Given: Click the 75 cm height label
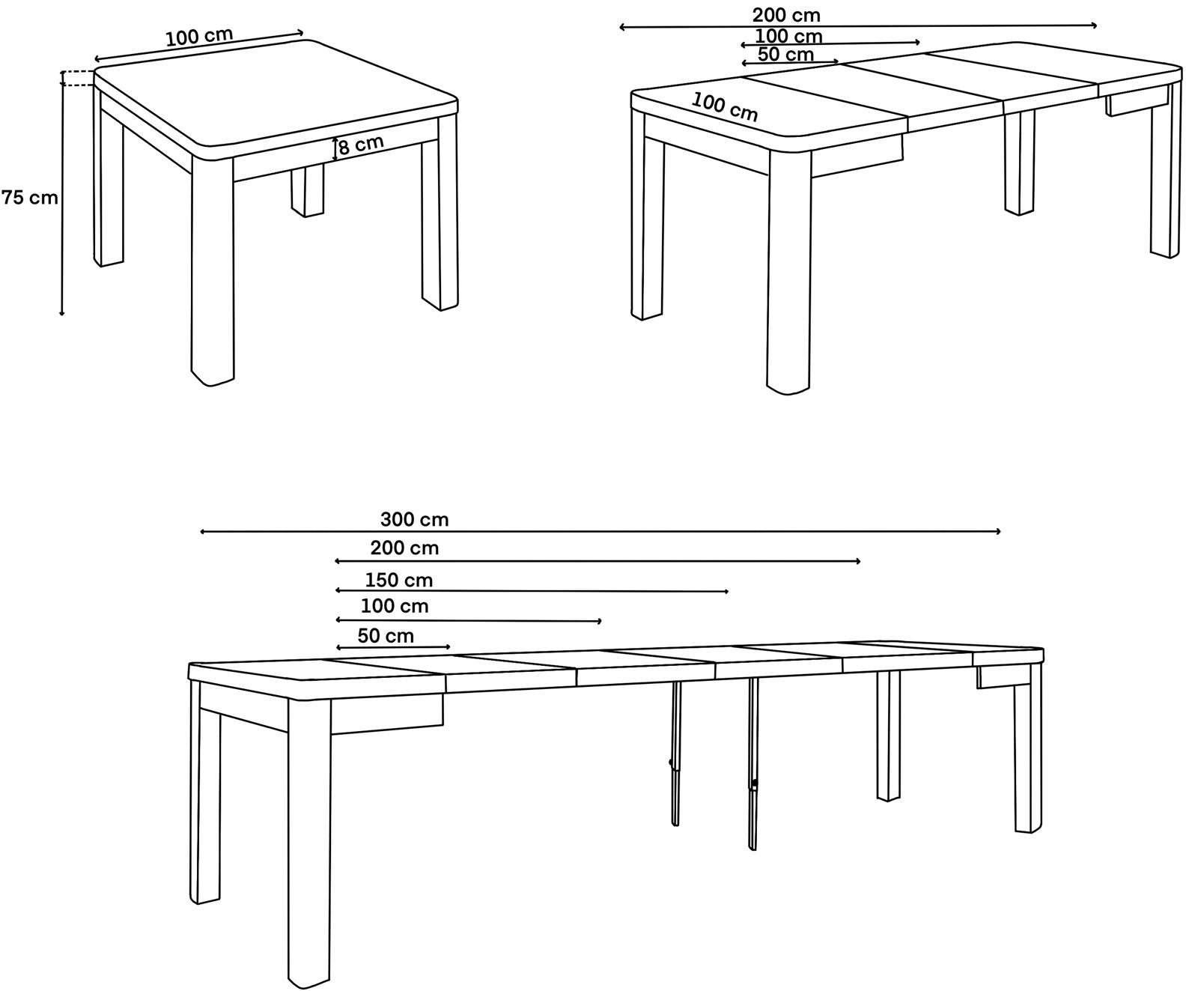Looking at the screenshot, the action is [29, 198].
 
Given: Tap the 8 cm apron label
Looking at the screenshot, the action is [361, 145].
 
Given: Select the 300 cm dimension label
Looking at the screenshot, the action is [414, 519].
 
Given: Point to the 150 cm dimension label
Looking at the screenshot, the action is [398, 580].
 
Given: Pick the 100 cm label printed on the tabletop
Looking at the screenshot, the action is [725, 107].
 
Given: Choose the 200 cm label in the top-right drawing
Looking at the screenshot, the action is [786, 15].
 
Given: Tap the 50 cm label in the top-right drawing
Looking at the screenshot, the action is [785, 55].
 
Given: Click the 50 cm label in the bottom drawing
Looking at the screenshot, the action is [386, 636].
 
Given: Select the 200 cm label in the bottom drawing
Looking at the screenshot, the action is [404, 548].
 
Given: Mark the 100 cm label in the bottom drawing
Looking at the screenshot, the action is [395, 606].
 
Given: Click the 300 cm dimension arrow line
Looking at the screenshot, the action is [600, 532].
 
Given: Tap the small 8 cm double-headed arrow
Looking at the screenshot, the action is [335, 150].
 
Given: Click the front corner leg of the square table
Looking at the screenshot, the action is [213, 270].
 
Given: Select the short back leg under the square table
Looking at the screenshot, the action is [308, 190].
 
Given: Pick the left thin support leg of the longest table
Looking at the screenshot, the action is [675, 753].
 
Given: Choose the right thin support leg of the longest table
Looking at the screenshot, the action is [753, 764].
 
